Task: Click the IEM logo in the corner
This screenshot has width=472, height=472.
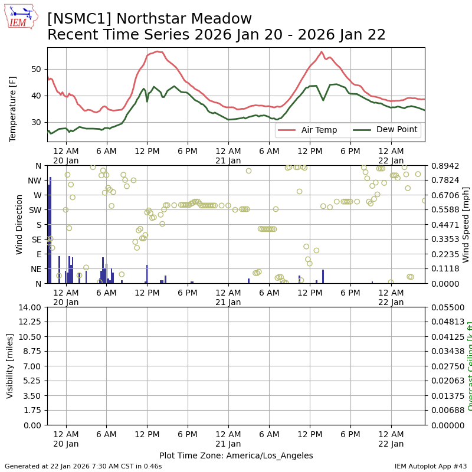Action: click(21, 17)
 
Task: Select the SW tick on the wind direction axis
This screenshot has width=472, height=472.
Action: click(37, 210)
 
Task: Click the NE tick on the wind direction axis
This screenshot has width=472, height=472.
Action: click(37, 269)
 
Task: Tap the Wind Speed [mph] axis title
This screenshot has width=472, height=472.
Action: click(466, 224)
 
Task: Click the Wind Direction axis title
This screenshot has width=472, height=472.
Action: click(19, 224)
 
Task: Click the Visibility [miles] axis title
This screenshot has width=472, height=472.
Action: click(10, 366)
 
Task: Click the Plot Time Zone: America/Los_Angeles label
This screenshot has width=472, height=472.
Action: click(236, 455)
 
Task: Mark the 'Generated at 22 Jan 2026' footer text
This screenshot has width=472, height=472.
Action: click(83, 466)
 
